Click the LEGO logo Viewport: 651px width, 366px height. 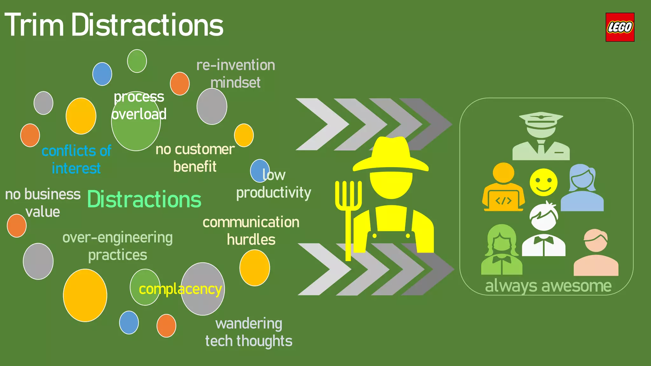pos(620,27)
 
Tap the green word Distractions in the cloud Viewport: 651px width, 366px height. pos(144,200)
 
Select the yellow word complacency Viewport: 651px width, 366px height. pos(180,289)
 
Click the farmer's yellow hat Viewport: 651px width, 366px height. pos(391,156)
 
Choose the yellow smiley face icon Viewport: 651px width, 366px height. pos(543,182)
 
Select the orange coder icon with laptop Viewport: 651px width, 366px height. pos(503,187)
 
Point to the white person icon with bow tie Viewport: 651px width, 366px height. pos(544,230)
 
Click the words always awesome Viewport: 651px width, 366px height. pos(548,286)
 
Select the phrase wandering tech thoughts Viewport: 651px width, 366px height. pos(249,332)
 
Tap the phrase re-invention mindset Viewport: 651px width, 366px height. pos(236,74)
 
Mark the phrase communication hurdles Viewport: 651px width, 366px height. pos(251,231)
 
